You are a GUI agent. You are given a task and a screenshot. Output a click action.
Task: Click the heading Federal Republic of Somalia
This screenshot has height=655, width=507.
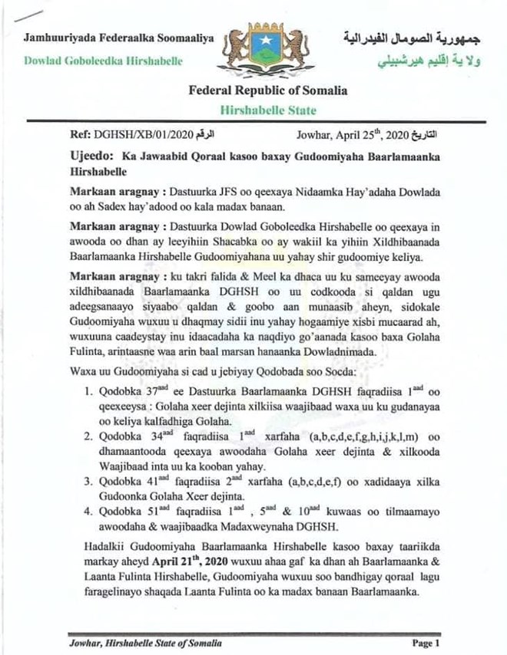(268, 91)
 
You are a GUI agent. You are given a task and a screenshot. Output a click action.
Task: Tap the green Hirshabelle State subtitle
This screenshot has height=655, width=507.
(268, 110)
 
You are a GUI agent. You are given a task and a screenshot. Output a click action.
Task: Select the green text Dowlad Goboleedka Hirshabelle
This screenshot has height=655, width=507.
(100, 60)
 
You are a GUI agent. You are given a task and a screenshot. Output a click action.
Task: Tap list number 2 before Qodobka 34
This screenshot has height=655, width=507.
(88, 436)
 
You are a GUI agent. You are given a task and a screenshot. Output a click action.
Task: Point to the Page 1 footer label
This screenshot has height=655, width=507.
(425, 643)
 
